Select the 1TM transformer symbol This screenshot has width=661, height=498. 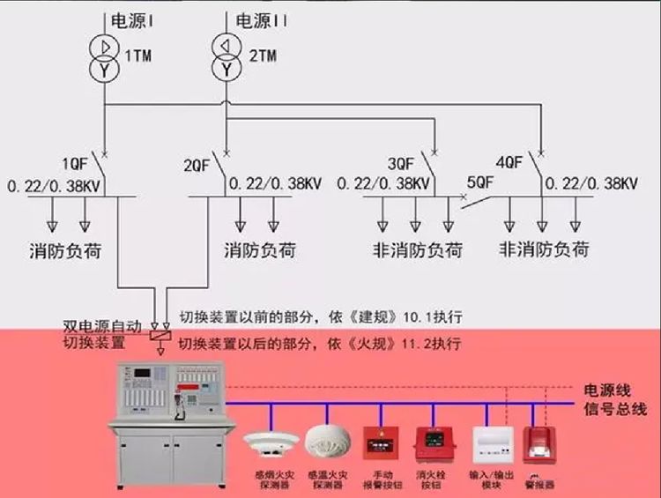[105, 56]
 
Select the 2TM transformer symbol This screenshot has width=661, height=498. [227, 56]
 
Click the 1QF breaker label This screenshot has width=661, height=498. [75, 163]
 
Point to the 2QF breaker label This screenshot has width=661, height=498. [197, 165]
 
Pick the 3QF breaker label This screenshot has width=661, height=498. [401, 163]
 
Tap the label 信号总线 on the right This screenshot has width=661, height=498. [615, 409]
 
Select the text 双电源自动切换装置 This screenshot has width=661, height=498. [100, 333]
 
